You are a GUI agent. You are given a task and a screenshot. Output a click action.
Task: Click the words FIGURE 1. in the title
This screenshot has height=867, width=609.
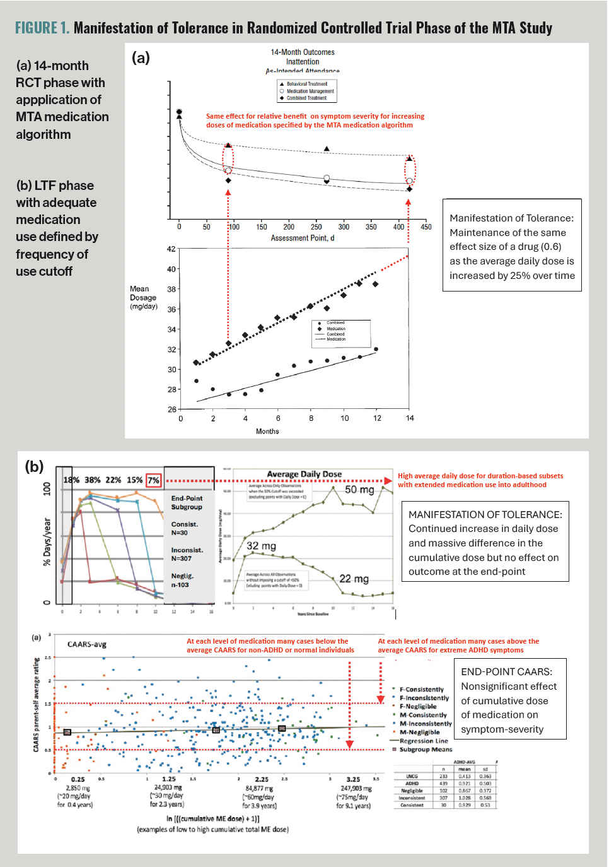point(42,28)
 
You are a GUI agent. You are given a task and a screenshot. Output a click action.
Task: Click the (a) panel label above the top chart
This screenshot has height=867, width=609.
point(141,58)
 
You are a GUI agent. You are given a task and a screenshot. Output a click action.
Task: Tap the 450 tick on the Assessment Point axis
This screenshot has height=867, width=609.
point(426,227)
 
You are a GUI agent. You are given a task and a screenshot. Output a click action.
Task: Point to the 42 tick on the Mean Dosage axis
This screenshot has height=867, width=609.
point(171,249)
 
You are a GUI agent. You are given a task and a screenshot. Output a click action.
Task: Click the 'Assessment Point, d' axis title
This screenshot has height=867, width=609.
point(303,238)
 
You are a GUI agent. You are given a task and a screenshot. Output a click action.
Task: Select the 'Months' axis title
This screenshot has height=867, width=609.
point(267,432)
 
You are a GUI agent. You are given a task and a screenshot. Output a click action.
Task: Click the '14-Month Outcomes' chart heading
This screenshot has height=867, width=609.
point(303,52)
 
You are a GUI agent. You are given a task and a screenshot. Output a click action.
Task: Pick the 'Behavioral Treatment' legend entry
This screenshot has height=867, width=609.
point(307,84)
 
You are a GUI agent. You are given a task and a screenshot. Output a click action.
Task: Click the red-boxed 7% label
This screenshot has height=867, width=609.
point(153,480)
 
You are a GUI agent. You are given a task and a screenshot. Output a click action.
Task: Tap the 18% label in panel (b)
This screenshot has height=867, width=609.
point(71,480)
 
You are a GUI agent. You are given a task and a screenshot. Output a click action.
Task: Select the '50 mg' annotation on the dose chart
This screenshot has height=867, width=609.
point(359,490)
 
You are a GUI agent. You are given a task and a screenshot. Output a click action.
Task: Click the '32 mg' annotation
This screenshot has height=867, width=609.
point(261,546)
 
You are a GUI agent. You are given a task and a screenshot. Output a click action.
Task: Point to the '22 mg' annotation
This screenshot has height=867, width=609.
point(354,579)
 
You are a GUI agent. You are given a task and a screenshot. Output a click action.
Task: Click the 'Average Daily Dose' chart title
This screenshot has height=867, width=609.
point(304,474)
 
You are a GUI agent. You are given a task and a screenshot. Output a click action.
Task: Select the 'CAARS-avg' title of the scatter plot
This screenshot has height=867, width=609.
point(87,644)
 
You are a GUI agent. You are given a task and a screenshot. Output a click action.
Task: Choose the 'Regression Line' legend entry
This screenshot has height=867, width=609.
point(424,741)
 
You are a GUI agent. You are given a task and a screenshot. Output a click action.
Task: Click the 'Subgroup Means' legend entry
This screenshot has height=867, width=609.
point(426,750)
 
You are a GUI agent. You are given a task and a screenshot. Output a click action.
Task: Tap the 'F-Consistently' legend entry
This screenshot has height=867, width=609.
point(421,690)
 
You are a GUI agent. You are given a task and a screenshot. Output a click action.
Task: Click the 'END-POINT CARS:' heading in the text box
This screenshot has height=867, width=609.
point(506,672)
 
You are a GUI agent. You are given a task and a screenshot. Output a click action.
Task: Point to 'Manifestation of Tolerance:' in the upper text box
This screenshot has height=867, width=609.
point(511,218)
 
